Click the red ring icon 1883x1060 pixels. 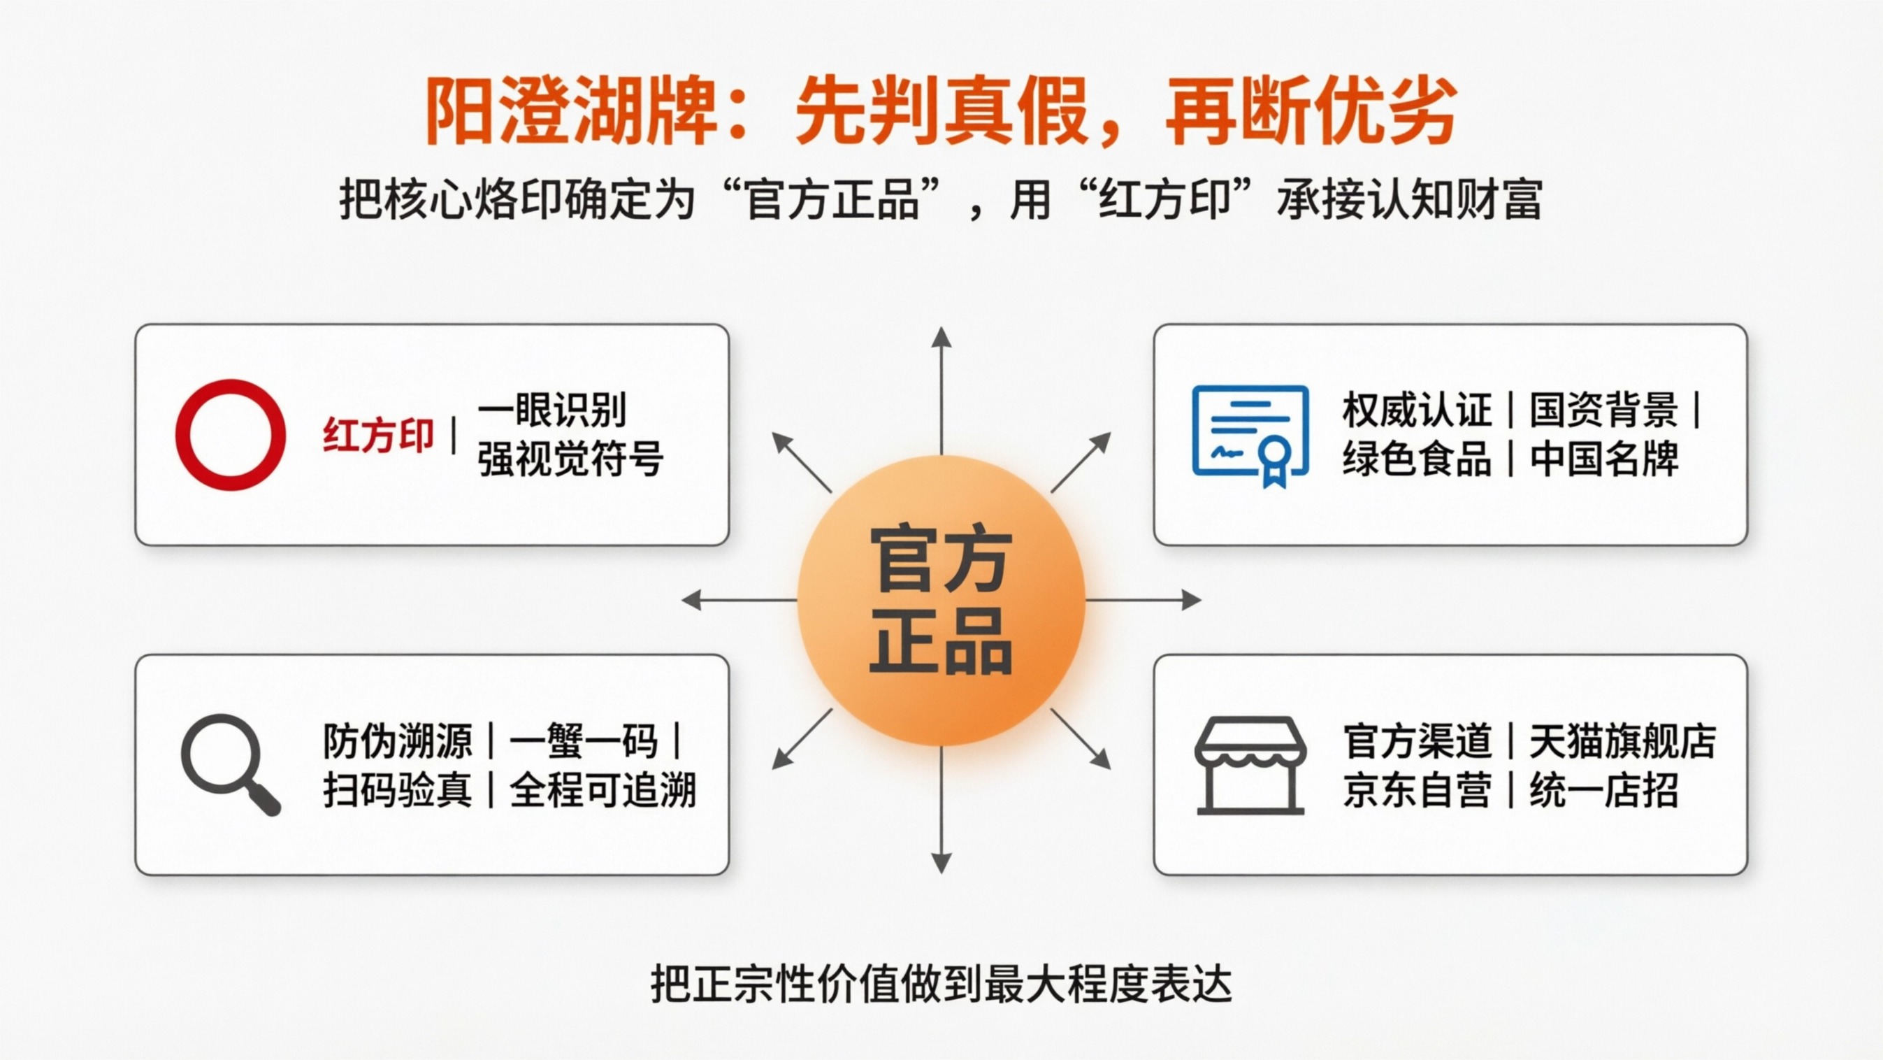(230, 434)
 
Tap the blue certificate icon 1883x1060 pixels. (1250, 434)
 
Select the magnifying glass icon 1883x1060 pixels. (229, 764)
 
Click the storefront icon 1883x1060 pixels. (1250, 765)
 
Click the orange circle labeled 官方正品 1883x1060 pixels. (941, 599)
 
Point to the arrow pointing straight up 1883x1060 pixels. (942, 387)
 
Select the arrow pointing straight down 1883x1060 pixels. (942, 812)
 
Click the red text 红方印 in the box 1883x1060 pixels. (378, 436)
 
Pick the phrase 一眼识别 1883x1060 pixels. (552, 410)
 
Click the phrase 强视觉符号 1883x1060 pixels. (570, 459)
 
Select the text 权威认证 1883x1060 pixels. (1417, 410)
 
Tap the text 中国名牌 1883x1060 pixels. (1605, 459)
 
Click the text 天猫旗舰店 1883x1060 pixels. (1623, 741)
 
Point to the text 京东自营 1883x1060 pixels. (1417, 790)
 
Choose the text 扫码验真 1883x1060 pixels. (398, 790)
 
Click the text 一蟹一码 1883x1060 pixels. (584, 741)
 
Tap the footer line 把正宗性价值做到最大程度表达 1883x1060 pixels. (942, 984)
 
